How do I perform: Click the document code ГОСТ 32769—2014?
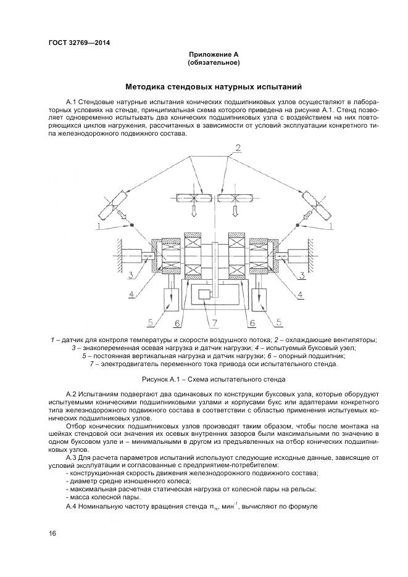(x=82, y=43)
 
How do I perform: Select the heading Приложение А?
(x=214, y=55)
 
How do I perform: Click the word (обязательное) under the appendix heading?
(x=214, y=63)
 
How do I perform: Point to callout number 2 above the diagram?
(x=236, y=147)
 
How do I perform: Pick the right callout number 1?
(x=333, y=226)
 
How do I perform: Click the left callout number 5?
(x=149, y=321)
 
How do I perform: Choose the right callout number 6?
(x=251, y=321)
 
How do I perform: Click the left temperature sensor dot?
(x=131, y=226)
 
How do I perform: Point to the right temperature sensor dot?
(x=297, y=226)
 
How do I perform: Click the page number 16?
(x=52, y=533)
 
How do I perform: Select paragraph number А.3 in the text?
(x=73, y=458)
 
